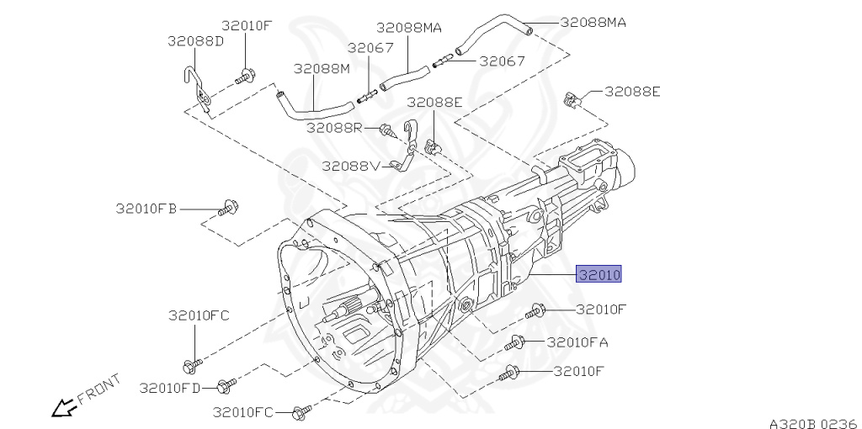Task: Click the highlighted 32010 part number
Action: pyautogui.click(x=599, y=274)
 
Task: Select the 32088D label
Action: pyautogui.click(x=195, y=40)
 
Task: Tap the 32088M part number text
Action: pyautogui.click(x=321, y=67)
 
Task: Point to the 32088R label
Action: pyautogui.click(x=334, y=128)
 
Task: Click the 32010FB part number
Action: pyautogui.click(x=146, y=208)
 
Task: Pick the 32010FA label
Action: pyautogui.click(x=577, y=342)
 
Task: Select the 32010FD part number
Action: pyautogui.click(x=171, y=388)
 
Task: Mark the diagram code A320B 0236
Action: pyautogui.click(x=812, y=422)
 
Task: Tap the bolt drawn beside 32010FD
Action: pyautogui.click(x=222, y=386)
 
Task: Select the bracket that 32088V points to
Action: pyautogui.click(x=410, y=148)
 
